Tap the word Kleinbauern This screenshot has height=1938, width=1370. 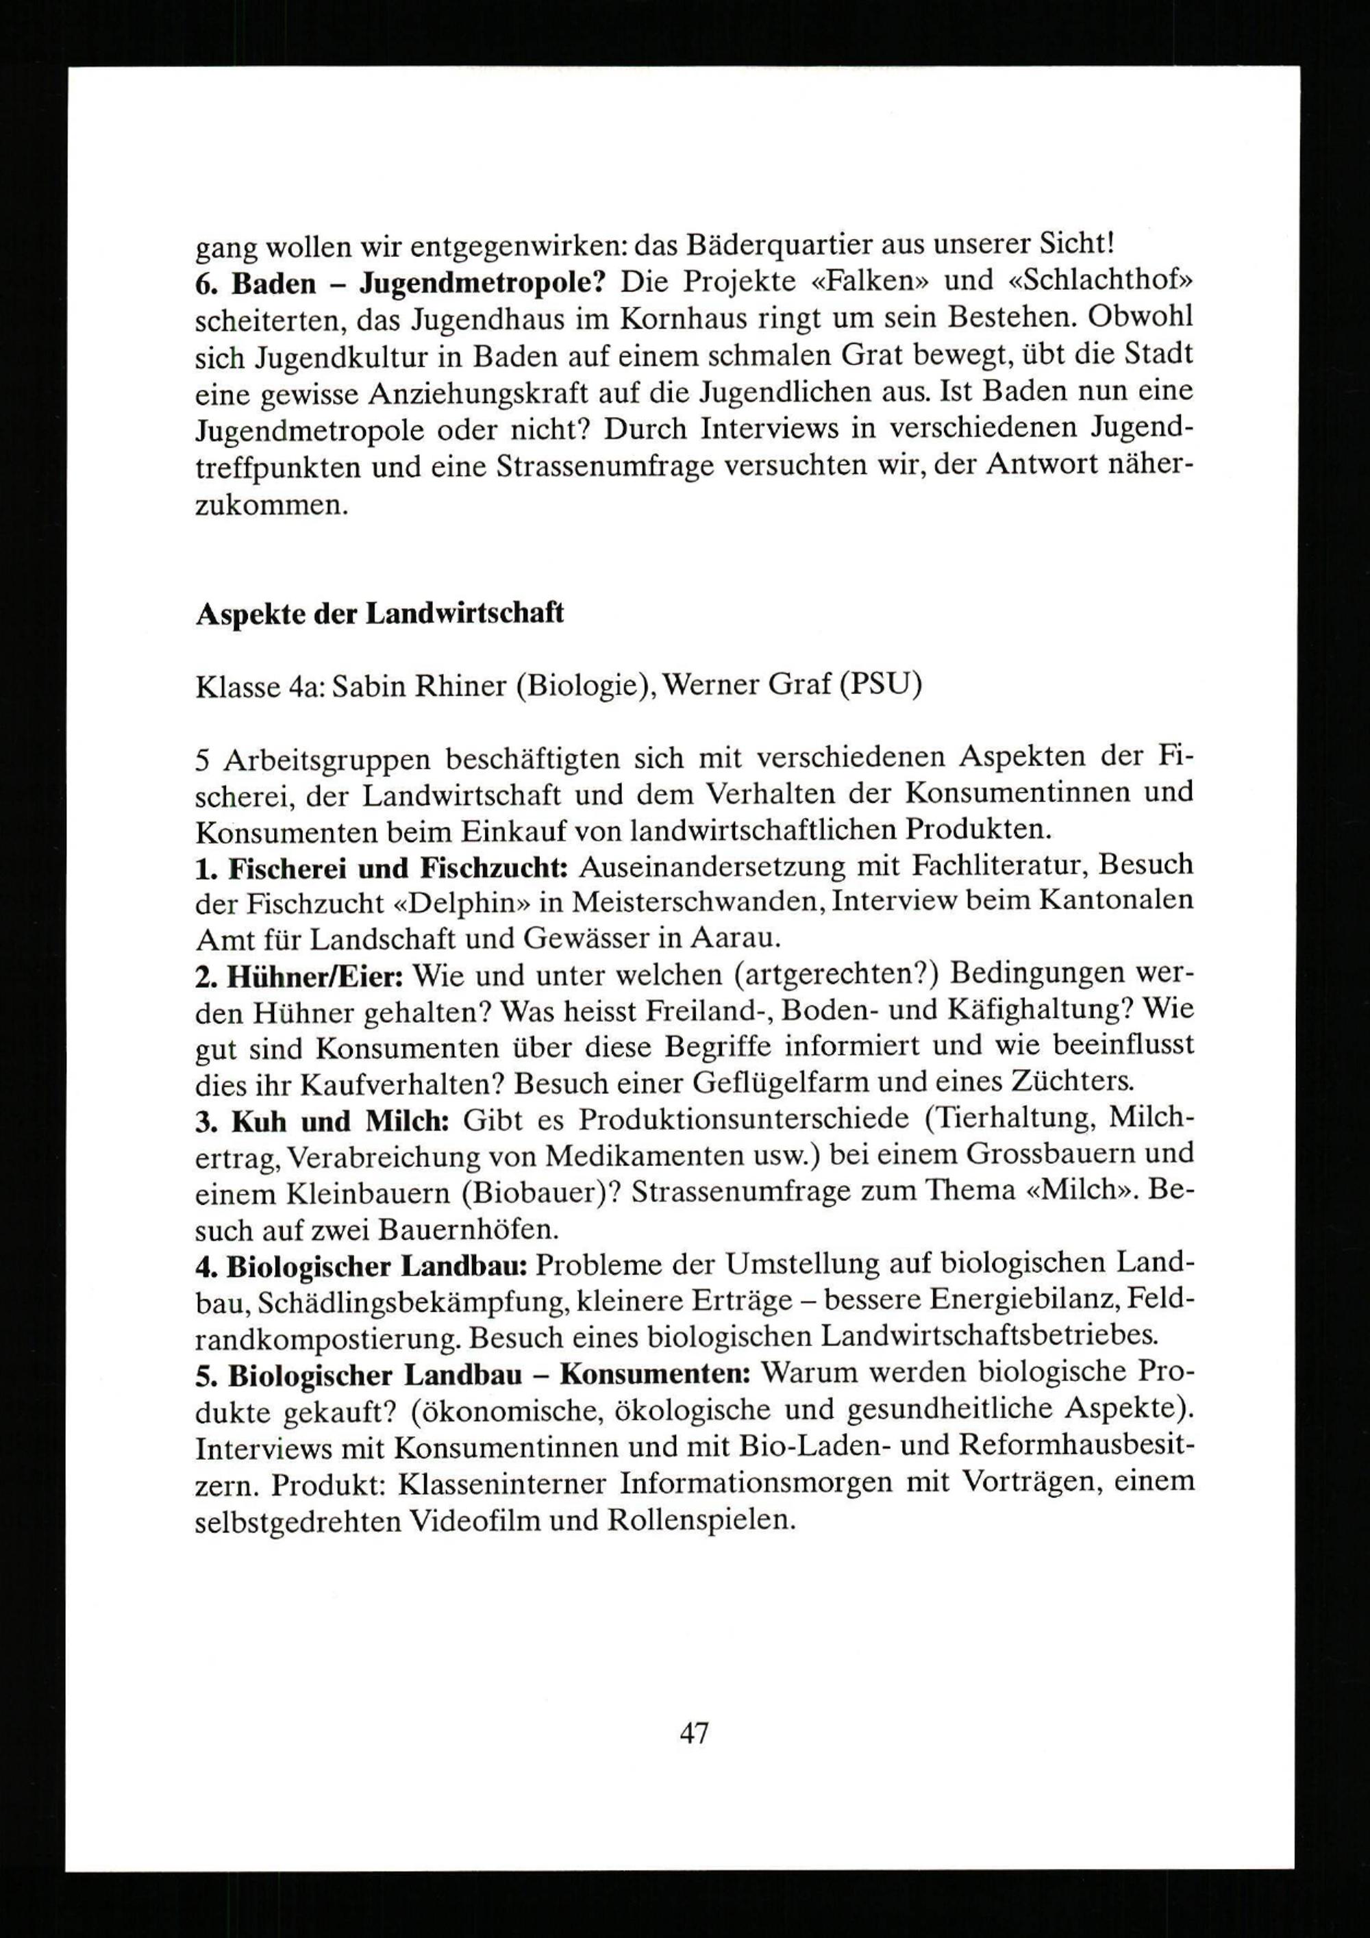349,1192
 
